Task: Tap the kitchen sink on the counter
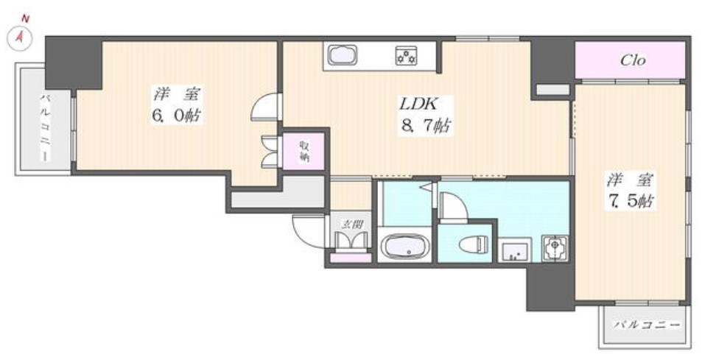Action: tap(342, 56)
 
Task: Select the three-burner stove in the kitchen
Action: tap(407, 55)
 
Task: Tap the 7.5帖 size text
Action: tap(631, 200)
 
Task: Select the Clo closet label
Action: tap(631, 60)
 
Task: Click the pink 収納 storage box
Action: tap(303, 152)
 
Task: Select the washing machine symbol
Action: tap(554, 247)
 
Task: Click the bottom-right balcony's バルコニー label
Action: tap(646, 324)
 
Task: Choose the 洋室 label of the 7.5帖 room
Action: tap(631, 177)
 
